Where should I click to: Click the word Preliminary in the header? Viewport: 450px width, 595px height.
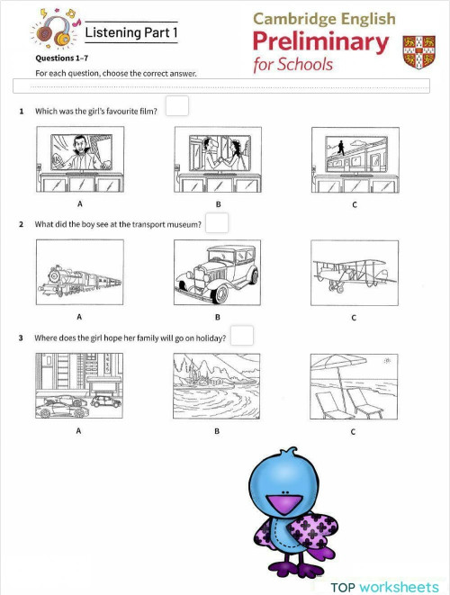320,42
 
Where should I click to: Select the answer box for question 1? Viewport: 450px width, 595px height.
177,107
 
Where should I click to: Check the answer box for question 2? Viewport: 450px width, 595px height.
217,222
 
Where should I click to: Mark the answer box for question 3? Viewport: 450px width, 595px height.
241,336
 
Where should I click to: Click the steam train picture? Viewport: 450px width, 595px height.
78,273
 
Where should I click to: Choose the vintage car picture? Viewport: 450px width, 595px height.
217,273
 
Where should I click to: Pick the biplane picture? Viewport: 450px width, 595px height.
354,273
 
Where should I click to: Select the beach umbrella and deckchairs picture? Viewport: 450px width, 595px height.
354,386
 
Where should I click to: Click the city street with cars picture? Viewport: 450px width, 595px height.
78,386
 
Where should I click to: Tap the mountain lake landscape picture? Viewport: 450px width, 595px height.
217,386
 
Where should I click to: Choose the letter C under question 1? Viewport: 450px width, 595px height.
354,204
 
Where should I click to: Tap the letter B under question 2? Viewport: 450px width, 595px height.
217,318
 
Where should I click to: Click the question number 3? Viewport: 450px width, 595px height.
21,338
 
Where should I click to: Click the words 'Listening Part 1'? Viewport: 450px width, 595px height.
125,32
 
